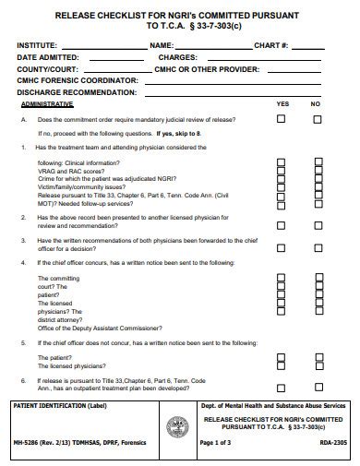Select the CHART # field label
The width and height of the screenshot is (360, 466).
271,45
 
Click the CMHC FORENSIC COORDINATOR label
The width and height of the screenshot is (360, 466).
77,81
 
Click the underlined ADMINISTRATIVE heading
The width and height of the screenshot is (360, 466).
47,104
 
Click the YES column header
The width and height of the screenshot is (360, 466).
282,104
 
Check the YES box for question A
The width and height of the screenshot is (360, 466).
282,119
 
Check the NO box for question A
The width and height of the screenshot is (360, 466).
317,119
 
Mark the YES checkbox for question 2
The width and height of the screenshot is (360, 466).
282,219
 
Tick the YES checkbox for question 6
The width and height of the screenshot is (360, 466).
282,380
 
